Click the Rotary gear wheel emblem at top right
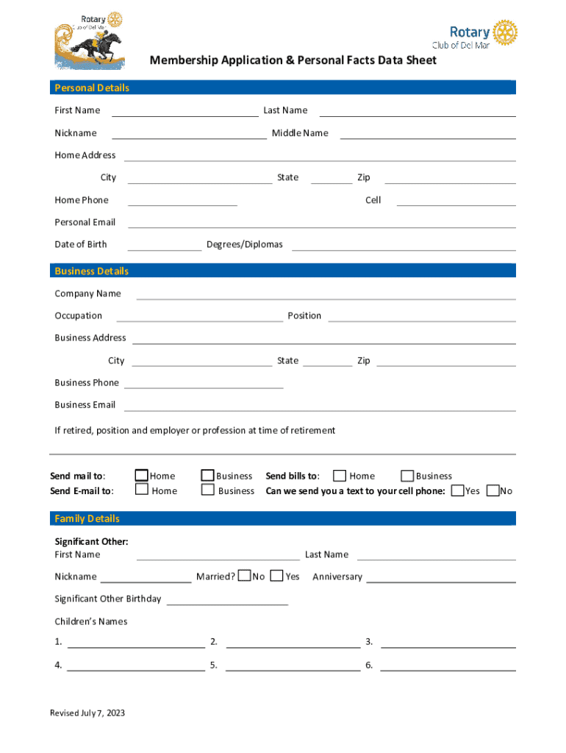coord(505,32)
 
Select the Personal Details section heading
coord(92,88)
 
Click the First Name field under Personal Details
coord(185,110)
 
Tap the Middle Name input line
coord(427,133)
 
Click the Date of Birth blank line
coord(165,245)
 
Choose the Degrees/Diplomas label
coord(244,244)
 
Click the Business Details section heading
coord(92,271)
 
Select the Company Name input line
coord(326,294)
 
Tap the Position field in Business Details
coord(421,316)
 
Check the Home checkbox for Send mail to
coord(142,476)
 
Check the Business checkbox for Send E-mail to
coord(208,490)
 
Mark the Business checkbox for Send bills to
coord(406,476)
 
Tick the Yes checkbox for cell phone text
coord(457,490)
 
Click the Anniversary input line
coord(440,577)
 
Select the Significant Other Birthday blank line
coord(227,599)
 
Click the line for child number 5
coord(293,665)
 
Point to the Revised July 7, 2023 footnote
coord(87,713)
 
